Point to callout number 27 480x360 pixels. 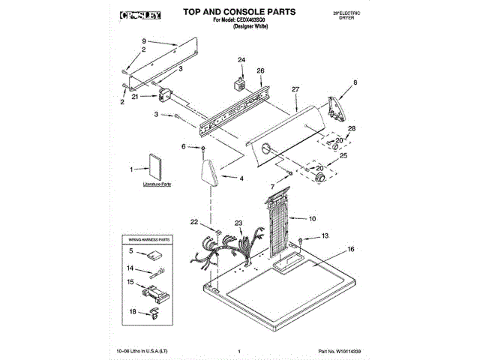pyautogui.click(x=295, y=90)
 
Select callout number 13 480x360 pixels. pyautogui.click(x=325, y=235)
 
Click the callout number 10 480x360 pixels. pyautogui.click(x=313, y=219)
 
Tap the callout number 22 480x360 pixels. pyautogui.click(x=193, y=222)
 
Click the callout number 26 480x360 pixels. pyautogui.click(x=260, y=71)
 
